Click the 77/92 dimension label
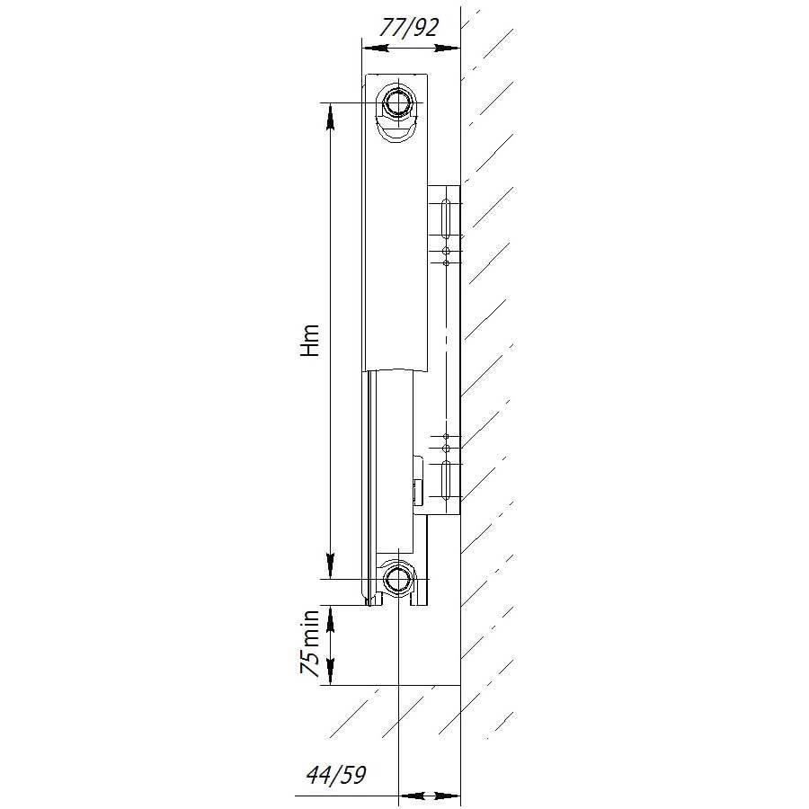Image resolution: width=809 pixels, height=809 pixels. [408, 27]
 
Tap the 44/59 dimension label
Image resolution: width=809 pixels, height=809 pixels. [336, 775]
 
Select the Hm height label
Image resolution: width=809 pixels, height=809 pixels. [311, 341]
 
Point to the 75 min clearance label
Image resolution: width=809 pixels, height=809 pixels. [311, 643]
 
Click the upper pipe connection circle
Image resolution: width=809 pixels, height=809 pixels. [398, 102]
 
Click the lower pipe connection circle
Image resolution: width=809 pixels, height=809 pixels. [398, 578]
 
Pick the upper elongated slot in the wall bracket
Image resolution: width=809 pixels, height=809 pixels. [446, 218]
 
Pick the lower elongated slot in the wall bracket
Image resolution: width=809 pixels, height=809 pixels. [446, 479]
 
